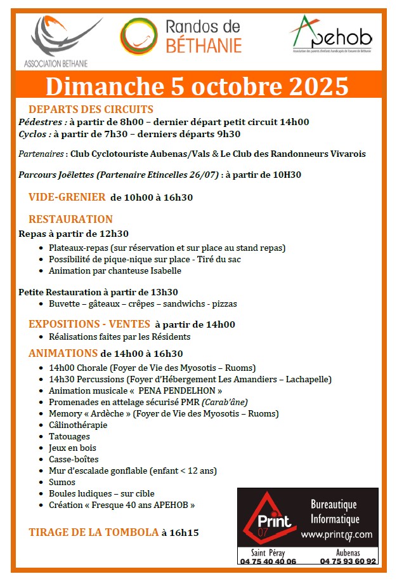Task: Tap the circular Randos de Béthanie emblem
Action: (138, 36)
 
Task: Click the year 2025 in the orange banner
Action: (317, 85)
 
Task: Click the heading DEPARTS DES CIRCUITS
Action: (91, 109)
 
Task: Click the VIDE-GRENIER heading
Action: (67, 197)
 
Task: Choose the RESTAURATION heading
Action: (70, 219)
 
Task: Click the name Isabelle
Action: (164, 270)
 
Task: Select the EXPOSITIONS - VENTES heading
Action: (89, 324)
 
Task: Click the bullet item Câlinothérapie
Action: (78, 425)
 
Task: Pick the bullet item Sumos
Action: (62, 482)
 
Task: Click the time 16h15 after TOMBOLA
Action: (180, 533)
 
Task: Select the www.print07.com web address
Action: (337, 535)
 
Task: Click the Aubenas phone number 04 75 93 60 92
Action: (348, 561)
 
